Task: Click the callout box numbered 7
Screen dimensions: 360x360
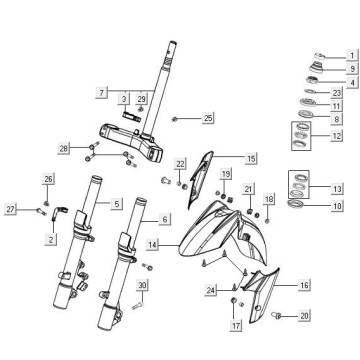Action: [x=102, y=92]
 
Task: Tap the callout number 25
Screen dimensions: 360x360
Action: [x=208, y=118]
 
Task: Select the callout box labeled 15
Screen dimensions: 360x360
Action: [x=251, y=158]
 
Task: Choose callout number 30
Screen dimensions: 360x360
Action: [x=143, y=285]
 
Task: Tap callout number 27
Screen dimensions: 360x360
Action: [x=12, y=209]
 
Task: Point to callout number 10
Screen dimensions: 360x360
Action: [x=338, y=205]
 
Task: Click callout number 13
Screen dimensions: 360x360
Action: [x=338, y=188]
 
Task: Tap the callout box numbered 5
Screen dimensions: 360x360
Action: [x=117, y=203]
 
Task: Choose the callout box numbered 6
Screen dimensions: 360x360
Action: [x=165, y=219]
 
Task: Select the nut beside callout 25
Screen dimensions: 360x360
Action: [x=177, y=119]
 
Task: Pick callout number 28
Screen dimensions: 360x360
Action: [x=63, y=149]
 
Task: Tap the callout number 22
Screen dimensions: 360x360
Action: [x=181, y=163]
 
